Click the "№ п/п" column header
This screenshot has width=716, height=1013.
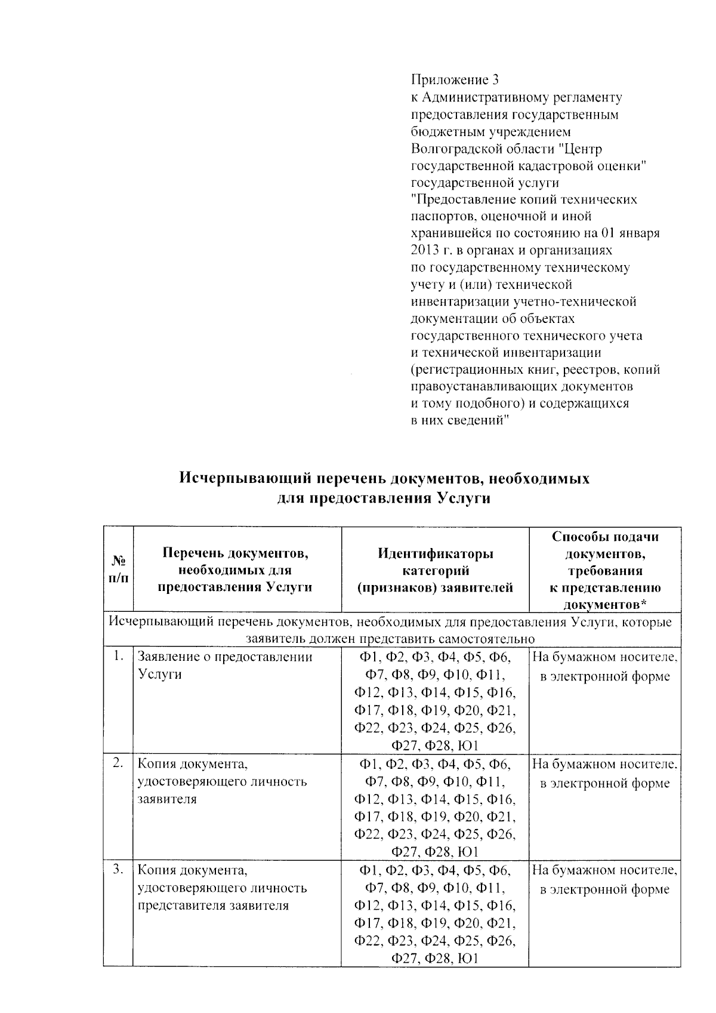[x=118, y=569]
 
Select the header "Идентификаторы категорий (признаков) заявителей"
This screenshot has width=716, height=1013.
[x=435, y=571]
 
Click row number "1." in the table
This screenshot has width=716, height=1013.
[x=118, y=657]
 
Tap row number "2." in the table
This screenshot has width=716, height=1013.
[x=118, y=763]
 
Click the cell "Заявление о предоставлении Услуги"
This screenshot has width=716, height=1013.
[x=225, y=666]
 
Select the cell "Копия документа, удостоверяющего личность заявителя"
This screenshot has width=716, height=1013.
[x=222, y=781]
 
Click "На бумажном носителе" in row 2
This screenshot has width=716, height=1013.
[x=604, y=763]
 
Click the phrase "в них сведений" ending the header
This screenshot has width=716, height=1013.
[x=459, y=420]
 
